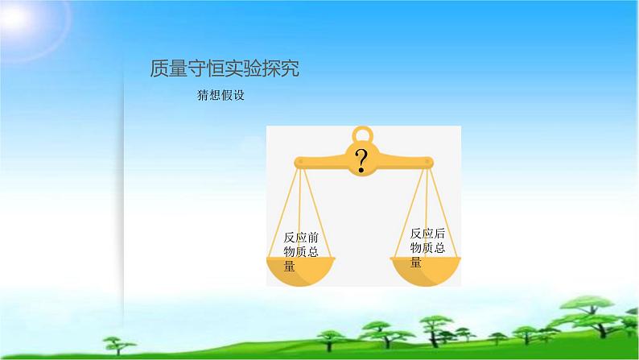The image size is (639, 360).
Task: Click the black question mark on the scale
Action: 362,159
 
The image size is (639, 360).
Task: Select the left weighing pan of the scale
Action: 302,271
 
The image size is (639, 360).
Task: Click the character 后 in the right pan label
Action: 439,234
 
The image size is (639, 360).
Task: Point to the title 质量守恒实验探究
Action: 225,69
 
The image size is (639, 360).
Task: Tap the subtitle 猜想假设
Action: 220,94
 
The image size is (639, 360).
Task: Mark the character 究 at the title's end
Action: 291,69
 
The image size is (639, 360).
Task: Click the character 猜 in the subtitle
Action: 203,94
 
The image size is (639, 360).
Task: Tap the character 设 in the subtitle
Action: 237,94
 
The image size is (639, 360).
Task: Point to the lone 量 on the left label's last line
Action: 290,267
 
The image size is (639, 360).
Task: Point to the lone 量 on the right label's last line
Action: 416,262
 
